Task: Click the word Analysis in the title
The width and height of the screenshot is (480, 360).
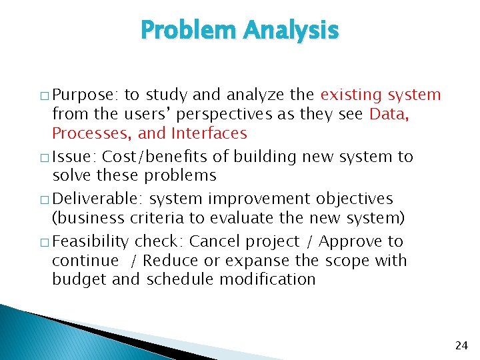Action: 291,31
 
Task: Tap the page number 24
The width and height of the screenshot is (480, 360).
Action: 461,345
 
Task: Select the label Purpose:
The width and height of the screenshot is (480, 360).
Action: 85,95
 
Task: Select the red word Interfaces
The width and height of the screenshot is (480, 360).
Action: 209,133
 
